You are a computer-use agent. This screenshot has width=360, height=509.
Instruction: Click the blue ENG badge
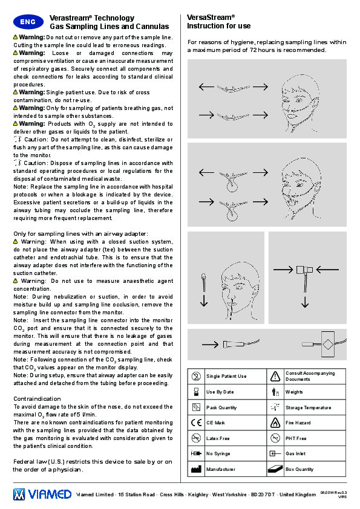pyautogui.click(x=28, y=22)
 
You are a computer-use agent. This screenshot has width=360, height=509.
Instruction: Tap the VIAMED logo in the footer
pyautogui.click(x=42, y=494)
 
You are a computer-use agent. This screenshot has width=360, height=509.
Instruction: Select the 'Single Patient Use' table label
pyautogui.click(x=226, y=376)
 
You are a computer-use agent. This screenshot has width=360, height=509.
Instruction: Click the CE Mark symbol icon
pyautogui.click(x=196, y=423)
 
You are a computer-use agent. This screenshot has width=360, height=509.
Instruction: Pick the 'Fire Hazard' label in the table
pyautogui.click(x=298, y=423)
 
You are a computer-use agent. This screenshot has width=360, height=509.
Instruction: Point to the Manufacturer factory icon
pyautogui.click(x=196, y=469)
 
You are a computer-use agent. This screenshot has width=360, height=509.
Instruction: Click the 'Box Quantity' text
pyautogui.click(x=299, y=469)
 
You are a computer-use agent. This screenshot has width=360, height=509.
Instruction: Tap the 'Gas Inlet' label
pyautogui.click(x=295, y=453)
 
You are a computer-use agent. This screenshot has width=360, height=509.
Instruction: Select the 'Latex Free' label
pyautogui.click(x=218, y=438)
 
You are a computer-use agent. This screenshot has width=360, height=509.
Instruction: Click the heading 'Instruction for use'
pyautogui.click(x=218, y=26)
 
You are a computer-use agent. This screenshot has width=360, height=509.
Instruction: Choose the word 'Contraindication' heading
pyautogui.click(x=37, y=398)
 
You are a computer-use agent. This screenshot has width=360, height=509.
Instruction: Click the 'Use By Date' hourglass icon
pyautogui.click(x=196, y=392)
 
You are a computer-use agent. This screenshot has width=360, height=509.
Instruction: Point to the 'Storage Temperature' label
pyautogui.click(x=309, y=407)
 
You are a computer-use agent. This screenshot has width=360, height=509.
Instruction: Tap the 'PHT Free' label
pyautogui.click(x=296, y=438)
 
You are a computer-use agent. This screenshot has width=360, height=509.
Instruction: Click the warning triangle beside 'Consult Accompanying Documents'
pyautogui.click(x=275, y=376)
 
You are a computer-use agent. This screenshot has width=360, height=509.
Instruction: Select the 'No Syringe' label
pyautogui.click(x=218, y=453)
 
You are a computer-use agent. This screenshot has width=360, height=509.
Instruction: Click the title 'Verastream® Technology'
pyautogui.click(x=92, y=18)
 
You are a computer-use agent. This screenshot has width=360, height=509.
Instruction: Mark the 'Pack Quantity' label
pyautogui.click(x=221, y=407)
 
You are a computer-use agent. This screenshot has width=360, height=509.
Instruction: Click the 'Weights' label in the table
pyautogui.click(x=294, y=392)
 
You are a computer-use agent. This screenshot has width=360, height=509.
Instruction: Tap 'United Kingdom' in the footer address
pyautogui.click(x=298, y=494)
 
